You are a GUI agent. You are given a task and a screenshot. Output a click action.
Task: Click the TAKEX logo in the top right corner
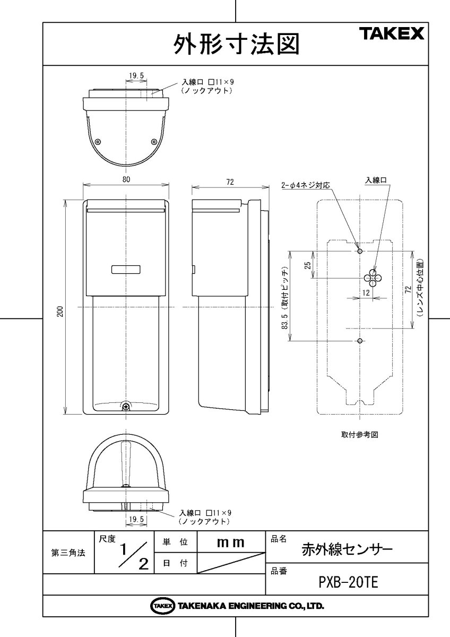coord(393,35)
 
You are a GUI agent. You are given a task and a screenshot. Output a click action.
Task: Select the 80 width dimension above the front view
coord(126,180)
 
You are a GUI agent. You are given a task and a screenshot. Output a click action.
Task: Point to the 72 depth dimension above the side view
coord(229,182)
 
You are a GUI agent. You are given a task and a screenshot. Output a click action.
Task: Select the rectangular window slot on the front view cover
coord(126,270)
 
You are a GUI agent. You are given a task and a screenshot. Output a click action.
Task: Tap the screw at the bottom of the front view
coord(126,407)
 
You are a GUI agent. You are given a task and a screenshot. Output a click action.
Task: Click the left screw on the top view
coord(98,142)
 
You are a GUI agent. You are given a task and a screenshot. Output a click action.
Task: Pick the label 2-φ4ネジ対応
coord(305,186)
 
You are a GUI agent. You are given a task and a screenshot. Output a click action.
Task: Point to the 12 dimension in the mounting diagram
coord(367,292)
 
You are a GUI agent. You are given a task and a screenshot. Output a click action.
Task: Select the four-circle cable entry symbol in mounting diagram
coord(371,278)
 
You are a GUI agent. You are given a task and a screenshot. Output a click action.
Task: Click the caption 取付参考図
coord(359,434)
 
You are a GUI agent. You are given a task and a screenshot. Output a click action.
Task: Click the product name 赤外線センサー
coord(347,549)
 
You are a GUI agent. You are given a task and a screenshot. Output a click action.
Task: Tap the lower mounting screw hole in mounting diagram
coord(360,340)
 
